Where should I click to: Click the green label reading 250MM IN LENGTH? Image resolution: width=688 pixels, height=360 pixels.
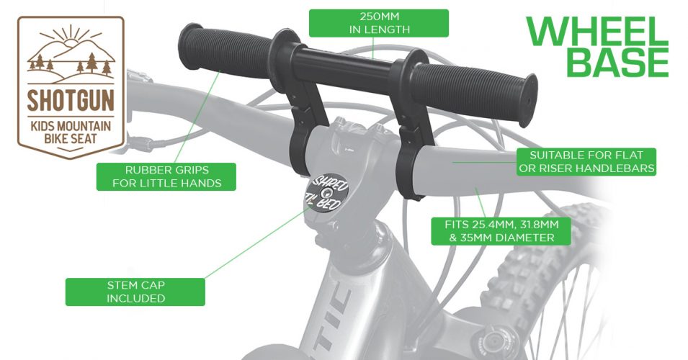click(379, 23)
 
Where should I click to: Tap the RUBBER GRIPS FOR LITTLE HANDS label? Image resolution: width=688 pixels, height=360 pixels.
click(166, 176)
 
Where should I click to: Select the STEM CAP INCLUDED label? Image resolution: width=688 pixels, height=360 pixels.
click(135, 292)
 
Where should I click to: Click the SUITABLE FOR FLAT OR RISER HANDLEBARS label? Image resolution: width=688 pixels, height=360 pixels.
click(586, 162)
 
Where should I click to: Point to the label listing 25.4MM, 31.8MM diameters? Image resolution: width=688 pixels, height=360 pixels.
click(501, 231)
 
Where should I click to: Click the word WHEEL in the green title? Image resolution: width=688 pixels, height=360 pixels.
click(597, 31)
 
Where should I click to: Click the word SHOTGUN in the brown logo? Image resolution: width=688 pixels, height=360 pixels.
click(71, 99)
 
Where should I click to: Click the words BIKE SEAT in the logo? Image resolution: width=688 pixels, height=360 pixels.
click(71, 139)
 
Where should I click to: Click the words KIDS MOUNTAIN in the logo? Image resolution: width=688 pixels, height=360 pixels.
click(71, 126)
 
